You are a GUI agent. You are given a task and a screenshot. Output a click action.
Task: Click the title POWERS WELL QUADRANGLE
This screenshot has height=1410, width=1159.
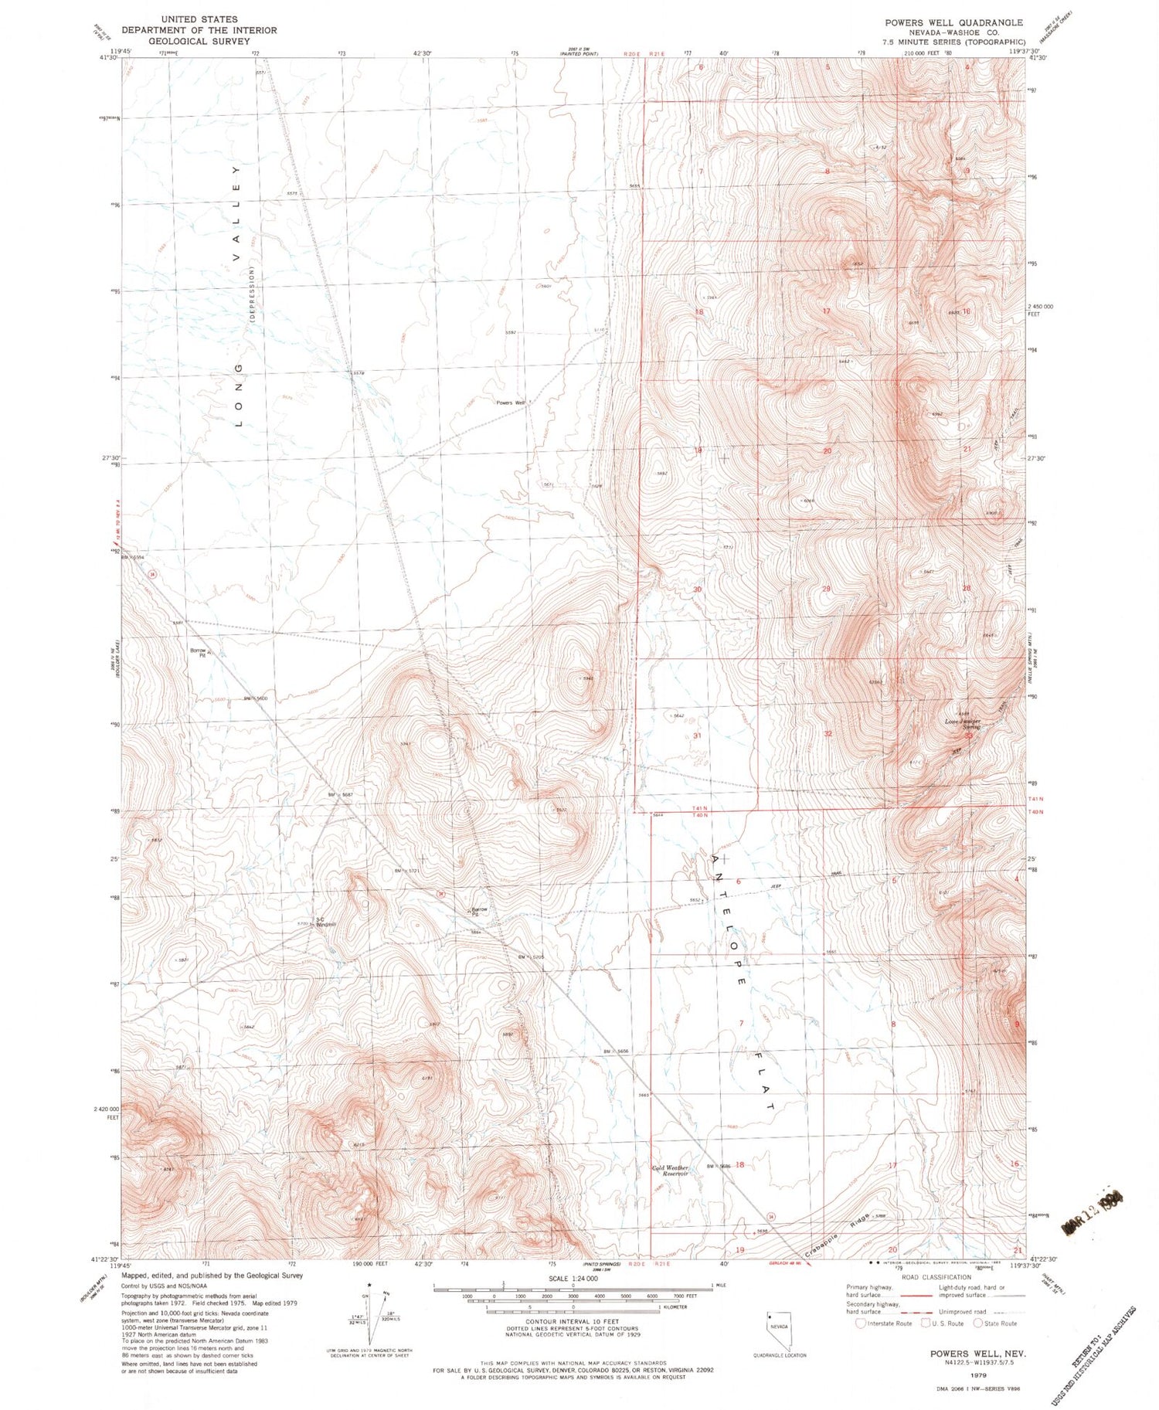click(x=953, y=22)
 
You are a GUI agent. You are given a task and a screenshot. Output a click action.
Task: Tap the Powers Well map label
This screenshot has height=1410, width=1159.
click(x=510, y=403)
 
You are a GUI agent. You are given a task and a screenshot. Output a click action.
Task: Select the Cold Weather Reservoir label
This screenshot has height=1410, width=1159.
click(x=669, y=1170)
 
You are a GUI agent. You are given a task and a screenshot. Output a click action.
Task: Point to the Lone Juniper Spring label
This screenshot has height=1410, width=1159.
click(x=963, y=724)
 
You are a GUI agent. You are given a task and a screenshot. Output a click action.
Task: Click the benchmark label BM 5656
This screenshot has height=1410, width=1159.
click(x=617, y=1052)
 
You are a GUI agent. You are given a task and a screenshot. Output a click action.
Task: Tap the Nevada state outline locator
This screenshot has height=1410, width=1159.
click(x=780, y=1326)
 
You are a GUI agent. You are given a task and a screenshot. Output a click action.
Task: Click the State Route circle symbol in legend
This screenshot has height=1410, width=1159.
click(x=978, y=1323)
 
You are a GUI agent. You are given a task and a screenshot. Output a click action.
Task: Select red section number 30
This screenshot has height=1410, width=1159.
click(x=697, y=589)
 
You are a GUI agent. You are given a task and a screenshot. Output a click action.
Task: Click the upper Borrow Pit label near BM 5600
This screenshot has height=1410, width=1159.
click(x=198, y=652)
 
